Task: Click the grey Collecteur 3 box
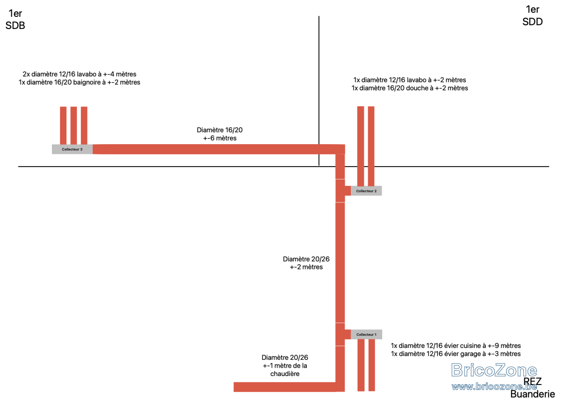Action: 72,149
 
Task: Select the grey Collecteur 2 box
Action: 366,191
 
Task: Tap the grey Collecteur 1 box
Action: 366,335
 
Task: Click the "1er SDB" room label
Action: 15,19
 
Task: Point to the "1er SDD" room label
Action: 532,15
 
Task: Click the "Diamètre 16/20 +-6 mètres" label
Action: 220,134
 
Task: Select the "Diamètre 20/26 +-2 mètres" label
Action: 306,263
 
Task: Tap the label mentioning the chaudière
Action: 285,366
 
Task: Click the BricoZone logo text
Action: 494,371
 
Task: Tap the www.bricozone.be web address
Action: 494,387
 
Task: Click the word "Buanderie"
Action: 532,394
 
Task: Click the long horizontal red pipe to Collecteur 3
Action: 219,149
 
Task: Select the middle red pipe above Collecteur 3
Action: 74,125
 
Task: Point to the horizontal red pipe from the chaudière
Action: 285,387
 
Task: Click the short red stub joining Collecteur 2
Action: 348,191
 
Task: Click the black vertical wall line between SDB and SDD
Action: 319,91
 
